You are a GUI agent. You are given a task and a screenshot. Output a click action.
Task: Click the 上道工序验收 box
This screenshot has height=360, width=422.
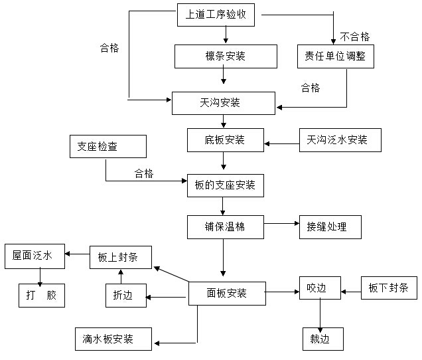point(216,15)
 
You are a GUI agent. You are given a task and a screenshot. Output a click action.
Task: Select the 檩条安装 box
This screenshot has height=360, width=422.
point(224,56)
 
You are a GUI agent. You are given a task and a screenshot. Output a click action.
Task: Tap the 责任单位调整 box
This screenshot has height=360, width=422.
point(336,56)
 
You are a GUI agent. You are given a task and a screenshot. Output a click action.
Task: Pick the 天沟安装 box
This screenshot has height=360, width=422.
point(223,103)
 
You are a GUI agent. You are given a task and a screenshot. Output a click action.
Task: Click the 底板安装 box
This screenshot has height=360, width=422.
point(225,140)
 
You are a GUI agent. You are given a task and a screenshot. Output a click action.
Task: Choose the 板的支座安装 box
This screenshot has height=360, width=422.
point(225,185)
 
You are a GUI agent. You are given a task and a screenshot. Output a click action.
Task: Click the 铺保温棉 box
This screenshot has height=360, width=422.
point(225,226)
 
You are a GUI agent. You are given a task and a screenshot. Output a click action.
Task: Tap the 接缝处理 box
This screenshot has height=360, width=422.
point(330,226)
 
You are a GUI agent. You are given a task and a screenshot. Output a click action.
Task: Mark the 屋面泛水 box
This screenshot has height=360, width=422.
point(35,256)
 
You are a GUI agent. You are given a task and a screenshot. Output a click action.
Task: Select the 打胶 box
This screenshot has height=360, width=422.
point(41,295)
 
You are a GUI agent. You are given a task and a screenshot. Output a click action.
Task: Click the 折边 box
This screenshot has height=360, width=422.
point(124,295)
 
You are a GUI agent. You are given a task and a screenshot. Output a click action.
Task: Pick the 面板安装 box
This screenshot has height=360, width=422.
point(227,293)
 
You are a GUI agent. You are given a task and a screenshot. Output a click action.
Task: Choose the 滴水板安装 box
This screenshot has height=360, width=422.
point(113,339)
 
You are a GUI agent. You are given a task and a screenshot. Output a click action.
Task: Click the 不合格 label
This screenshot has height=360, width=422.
point(355,37)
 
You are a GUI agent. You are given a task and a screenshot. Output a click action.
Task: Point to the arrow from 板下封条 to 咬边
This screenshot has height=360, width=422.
point(351,290)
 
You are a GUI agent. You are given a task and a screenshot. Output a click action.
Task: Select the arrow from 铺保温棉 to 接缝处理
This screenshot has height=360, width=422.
point(281,225)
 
